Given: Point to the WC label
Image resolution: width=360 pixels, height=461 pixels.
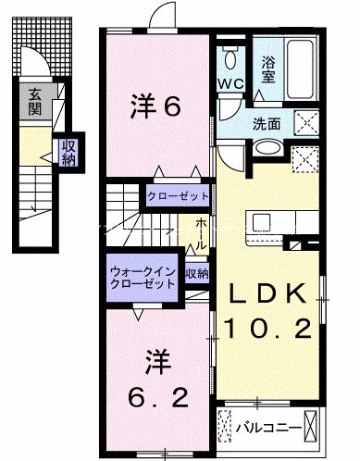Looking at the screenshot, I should pos(230,84).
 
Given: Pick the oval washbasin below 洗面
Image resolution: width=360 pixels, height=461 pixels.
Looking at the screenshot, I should pos(266,148).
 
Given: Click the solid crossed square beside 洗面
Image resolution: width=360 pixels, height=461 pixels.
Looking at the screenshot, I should pos(305,123).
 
